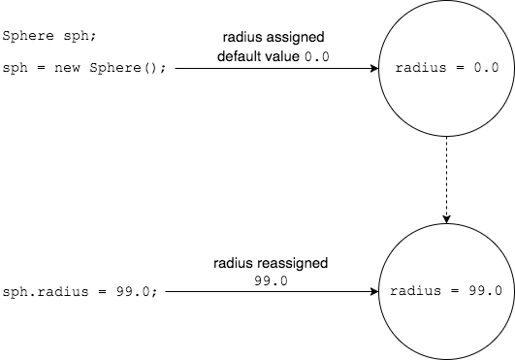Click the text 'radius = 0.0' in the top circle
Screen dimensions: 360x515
coord(447,69)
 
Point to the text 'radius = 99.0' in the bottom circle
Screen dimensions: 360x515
coord(447,291)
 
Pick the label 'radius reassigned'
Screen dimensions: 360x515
coord(272,263)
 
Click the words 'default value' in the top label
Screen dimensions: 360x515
coord(257,57)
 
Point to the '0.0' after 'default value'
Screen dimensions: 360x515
coord(317,58)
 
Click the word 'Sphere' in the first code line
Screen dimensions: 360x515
coord(23,38)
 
